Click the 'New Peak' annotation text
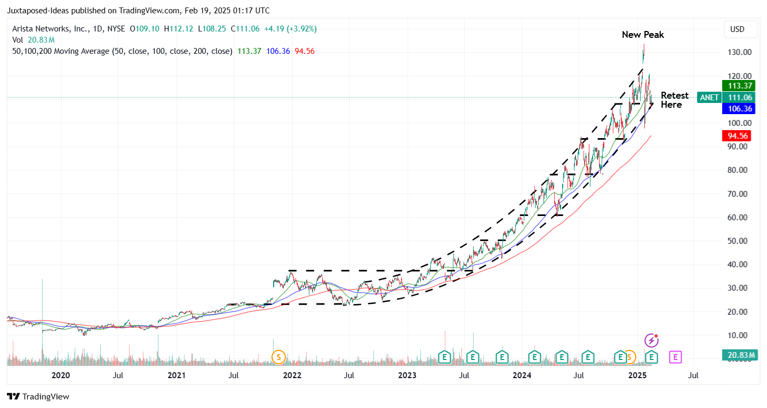643,35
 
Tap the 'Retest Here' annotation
674,100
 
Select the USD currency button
740,29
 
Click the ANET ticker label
709,97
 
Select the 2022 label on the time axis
292,375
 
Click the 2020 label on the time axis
61,375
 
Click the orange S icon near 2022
278,356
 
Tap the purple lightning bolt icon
651,340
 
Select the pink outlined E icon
675,356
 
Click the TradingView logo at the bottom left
38,396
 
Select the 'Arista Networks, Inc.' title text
49,29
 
